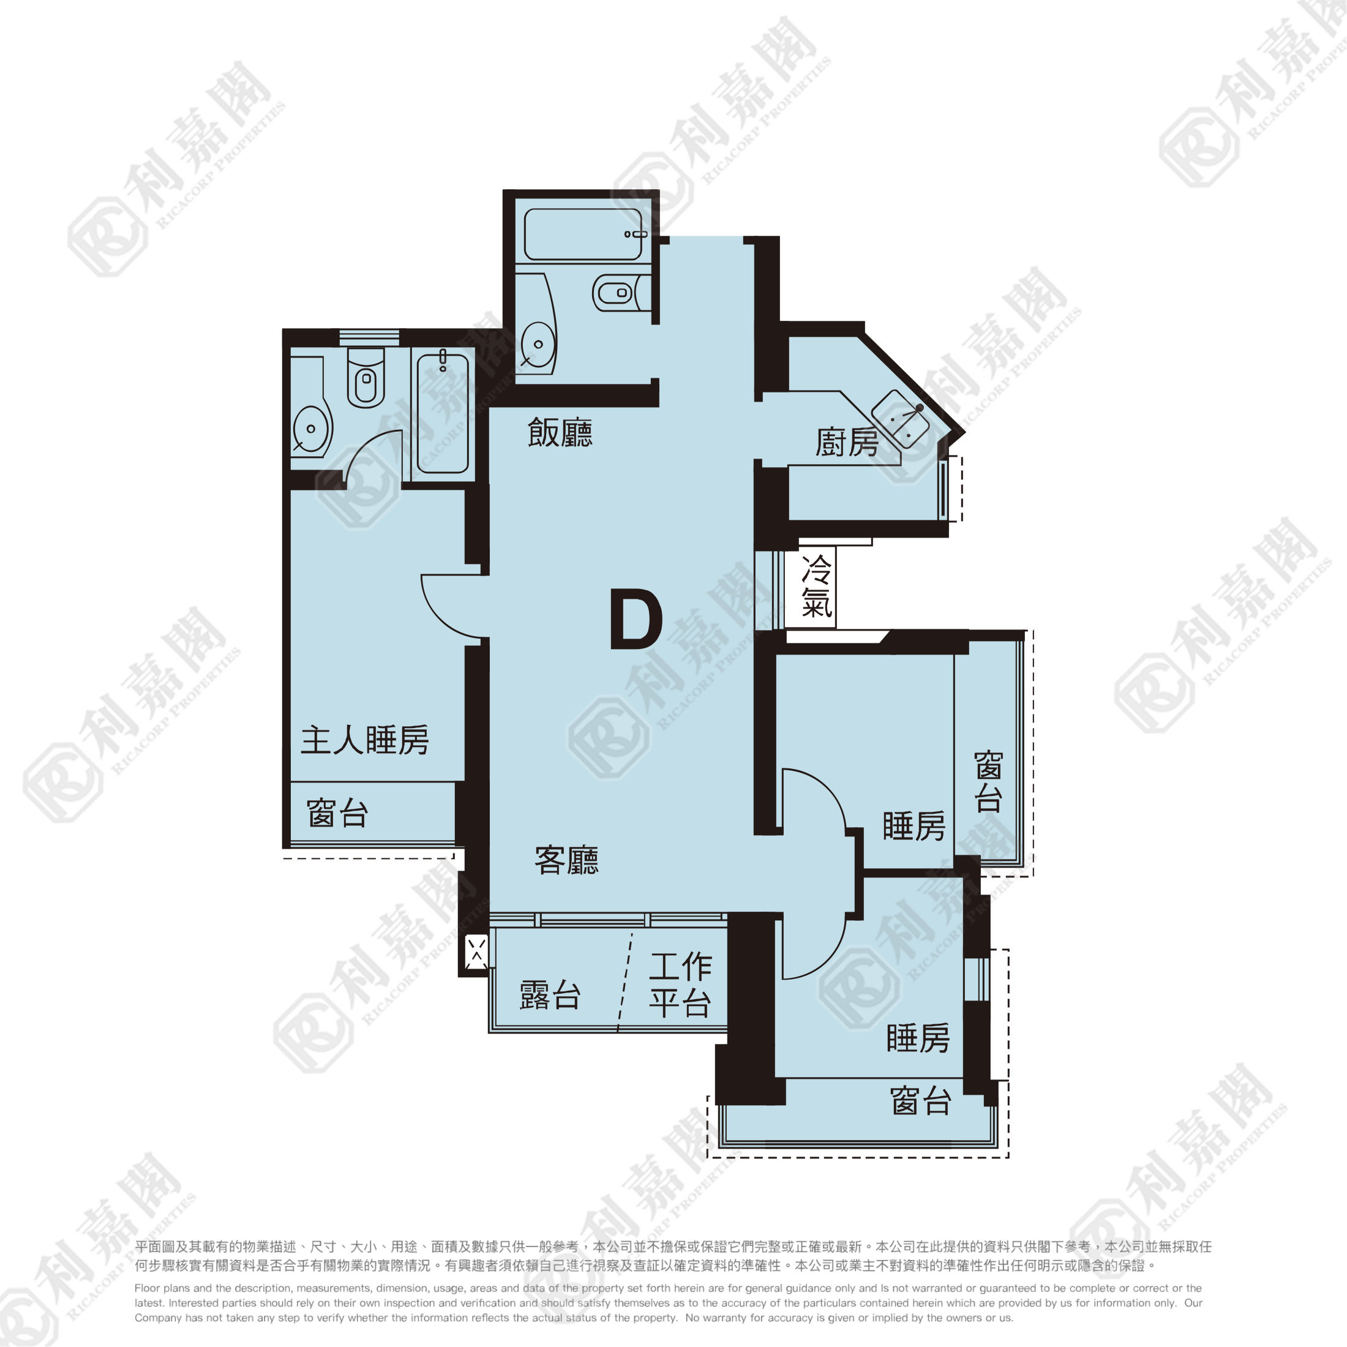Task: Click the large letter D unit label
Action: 636,619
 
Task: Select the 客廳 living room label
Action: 566,860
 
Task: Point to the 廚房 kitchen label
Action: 847,442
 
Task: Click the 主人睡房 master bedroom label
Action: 365,740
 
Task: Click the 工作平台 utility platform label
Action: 680,985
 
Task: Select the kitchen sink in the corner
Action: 901,418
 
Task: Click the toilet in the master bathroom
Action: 366,378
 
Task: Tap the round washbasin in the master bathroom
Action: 311,428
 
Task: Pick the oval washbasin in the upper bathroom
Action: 538,343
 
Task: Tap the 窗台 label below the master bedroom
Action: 337,813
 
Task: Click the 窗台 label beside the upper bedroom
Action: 989,782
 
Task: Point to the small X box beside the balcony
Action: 477,951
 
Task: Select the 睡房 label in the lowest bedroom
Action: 918,1038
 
